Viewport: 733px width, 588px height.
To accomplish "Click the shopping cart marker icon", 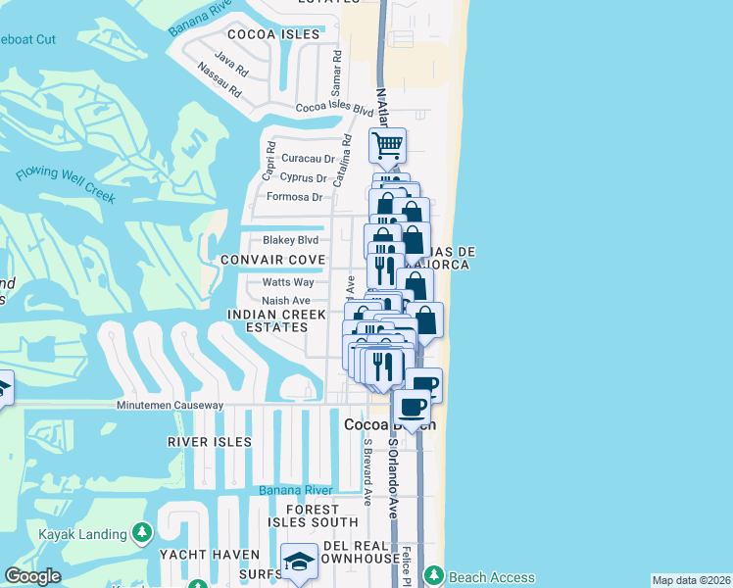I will point(387,146).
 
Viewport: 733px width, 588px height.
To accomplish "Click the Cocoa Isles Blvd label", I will point(334,109).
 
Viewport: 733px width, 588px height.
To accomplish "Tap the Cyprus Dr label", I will point(303,177).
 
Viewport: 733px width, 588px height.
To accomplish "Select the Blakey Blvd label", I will point(290,240).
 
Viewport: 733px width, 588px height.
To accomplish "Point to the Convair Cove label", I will point(272,260).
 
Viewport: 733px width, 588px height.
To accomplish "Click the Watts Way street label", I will point(286,282).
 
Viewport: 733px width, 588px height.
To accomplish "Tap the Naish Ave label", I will point(286,301).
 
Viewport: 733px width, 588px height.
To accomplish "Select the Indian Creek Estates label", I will point(275,321).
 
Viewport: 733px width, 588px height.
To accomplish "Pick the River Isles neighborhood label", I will point(209,442).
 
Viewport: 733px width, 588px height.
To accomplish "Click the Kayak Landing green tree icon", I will point(143,533).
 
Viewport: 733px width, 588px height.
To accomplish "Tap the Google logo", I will point(32,576).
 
